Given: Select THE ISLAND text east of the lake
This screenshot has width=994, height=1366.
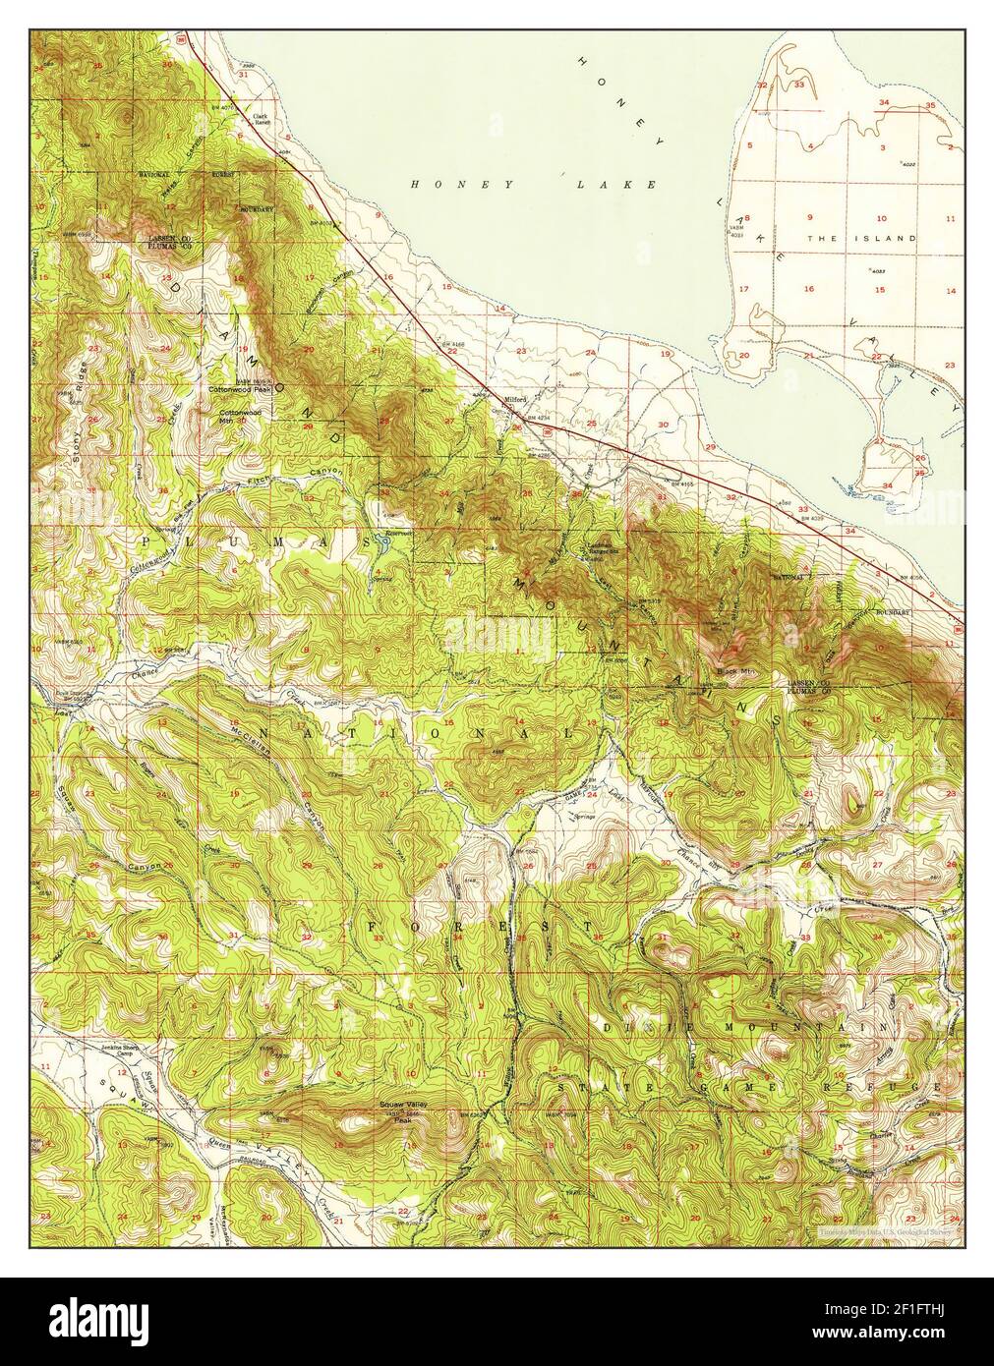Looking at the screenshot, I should click(x=861, y=239).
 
